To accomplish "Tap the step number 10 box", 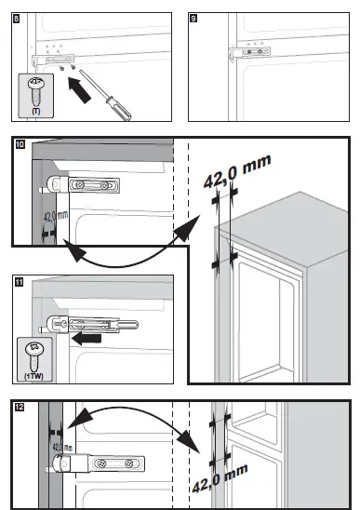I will (19, 144).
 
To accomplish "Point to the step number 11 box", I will (19, 280).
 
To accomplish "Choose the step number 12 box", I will (19, 407).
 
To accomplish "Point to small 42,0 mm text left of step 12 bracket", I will (61, 448).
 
